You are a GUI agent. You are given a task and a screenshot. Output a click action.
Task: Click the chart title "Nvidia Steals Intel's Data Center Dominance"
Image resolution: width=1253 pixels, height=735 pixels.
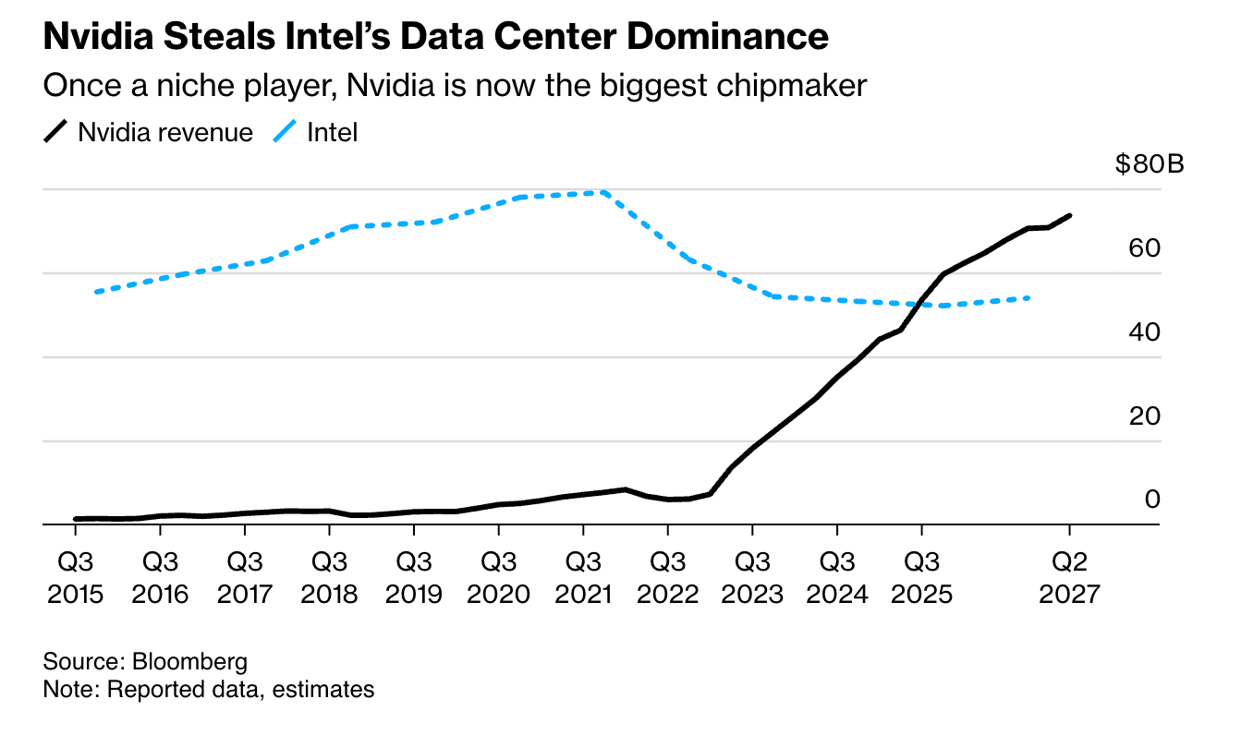(435, 37)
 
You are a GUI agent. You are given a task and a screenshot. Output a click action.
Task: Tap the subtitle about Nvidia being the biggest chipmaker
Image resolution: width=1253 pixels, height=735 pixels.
(455, 86)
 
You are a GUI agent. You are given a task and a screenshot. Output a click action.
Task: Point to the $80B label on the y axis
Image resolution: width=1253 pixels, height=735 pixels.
(1149, 164)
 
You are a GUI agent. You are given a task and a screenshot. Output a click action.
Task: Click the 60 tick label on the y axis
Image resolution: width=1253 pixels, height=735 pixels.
(1144, 247)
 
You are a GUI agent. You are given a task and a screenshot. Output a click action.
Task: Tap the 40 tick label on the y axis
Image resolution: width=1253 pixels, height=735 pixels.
(1144, 331)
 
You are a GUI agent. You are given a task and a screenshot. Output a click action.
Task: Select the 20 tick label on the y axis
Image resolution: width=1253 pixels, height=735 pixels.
(1144, 416)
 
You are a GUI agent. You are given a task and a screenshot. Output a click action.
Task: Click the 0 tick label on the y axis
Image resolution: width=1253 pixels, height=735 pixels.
(1151, 499)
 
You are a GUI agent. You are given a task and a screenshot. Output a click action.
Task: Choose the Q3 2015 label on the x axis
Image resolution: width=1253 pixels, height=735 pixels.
(75, 576)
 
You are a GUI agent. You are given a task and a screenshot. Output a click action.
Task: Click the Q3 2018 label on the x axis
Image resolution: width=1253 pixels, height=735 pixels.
(329, 576)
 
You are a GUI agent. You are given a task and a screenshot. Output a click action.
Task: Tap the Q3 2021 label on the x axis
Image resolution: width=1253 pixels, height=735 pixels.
(583, 576)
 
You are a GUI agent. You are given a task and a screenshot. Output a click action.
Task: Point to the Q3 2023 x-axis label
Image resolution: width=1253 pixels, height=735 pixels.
(752, 576)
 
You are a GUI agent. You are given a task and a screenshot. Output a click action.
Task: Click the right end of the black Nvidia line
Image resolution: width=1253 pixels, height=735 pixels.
(1069, 216)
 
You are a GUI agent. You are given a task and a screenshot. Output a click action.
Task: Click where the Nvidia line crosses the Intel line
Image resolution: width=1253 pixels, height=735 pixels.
(924, 303)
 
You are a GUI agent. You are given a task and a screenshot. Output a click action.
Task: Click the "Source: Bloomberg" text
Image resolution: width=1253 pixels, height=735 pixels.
(145, 661)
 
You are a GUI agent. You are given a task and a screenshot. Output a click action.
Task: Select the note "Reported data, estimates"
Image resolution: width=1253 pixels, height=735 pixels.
(208, 689)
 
